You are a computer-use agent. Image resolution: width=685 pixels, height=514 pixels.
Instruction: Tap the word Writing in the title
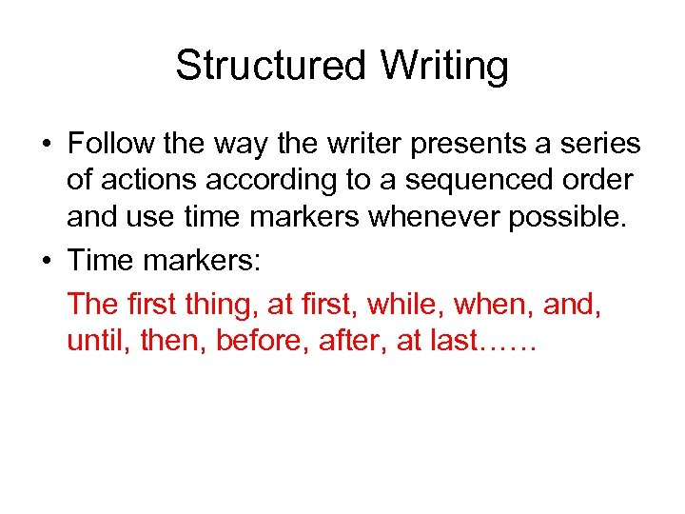click(444, 66)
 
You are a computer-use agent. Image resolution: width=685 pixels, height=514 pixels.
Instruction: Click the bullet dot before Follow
click(45, 145)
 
